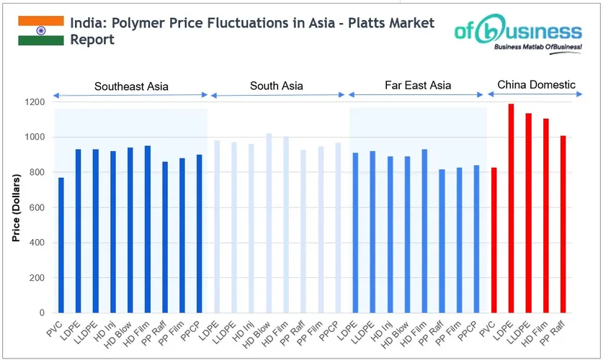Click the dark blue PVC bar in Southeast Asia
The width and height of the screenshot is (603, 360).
[61, 245]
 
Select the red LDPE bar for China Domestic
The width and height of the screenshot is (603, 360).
[512, 209]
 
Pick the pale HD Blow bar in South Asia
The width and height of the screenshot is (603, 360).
[269, 223]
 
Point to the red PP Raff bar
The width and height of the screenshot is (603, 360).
[563, 224]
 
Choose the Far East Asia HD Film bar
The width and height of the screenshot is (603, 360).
[424, 230]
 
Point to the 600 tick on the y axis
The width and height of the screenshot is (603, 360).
[37, 207]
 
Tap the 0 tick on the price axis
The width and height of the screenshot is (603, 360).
[42, 313]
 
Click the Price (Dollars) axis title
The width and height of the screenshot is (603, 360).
[15, 208]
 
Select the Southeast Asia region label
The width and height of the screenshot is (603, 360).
[131, 86]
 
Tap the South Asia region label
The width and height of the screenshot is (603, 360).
[277, 86]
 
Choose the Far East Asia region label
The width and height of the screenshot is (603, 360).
[418, 85]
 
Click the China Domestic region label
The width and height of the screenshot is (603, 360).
[537, 84]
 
